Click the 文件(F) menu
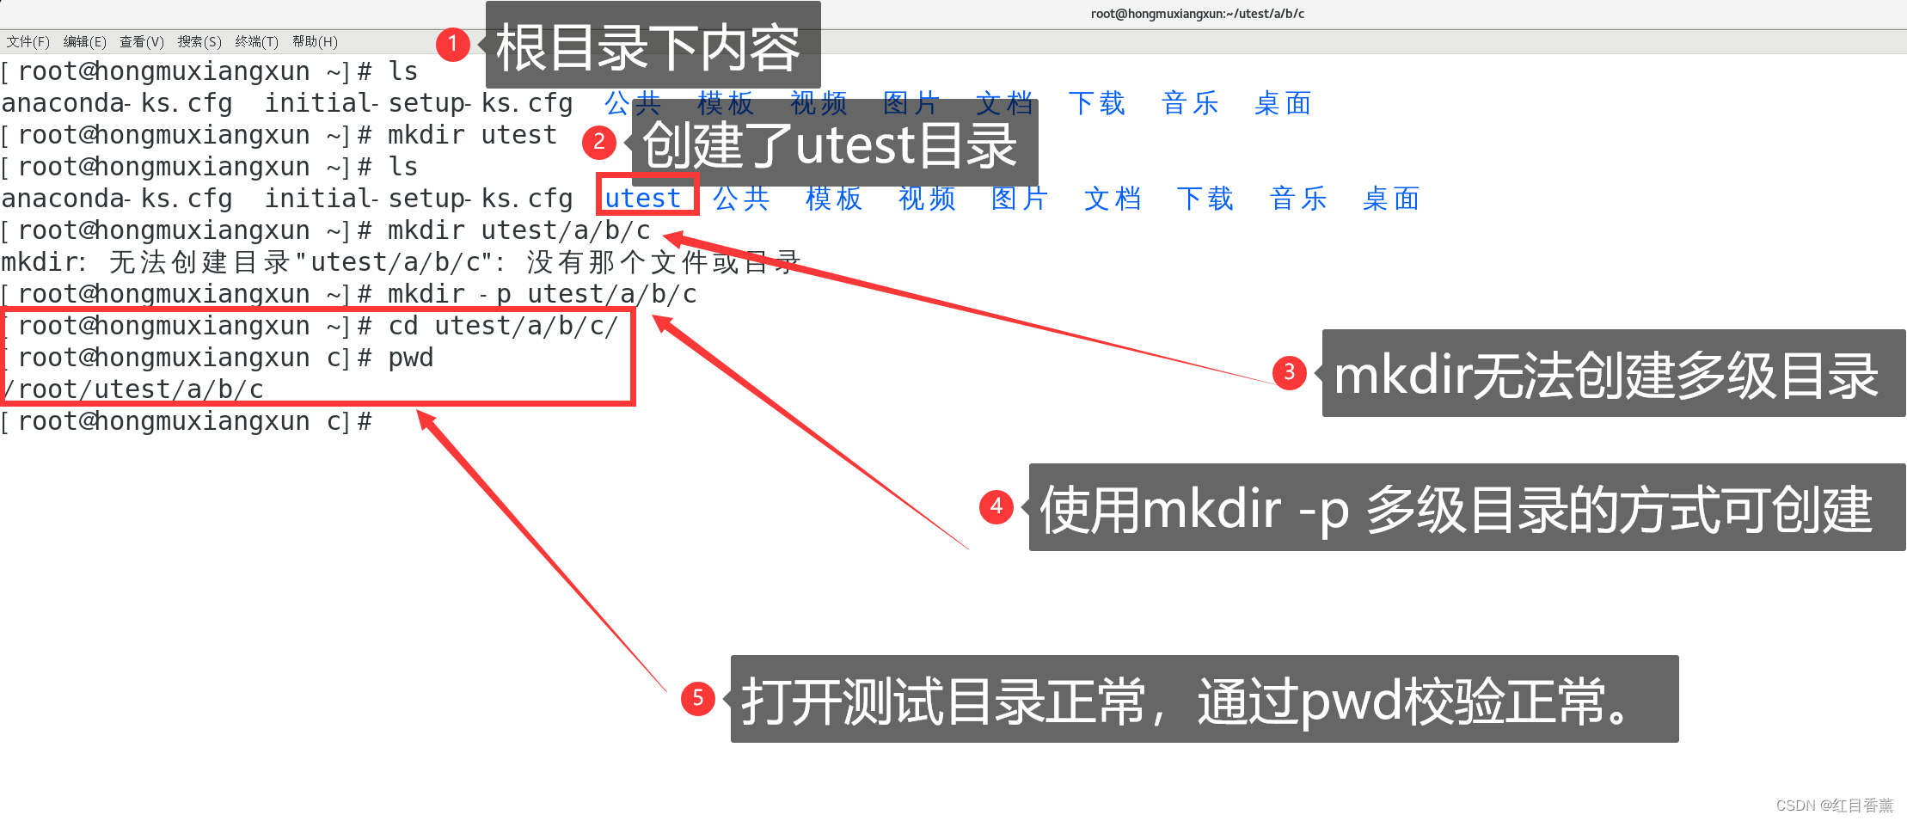click(28, 41)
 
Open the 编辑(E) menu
click(84, 41)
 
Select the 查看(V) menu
click(141, 41)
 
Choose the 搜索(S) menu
click(199, 41)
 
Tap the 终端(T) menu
click(256, 41)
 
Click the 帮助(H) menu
click(315, 41)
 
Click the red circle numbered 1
click(452, 44)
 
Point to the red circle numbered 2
click(599, 142)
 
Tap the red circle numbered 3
click(1289, 372)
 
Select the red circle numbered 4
click(996, 506)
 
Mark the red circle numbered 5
click(697, 698)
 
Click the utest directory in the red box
click(643, 198)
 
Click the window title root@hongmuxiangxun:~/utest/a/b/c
click(1197, 14)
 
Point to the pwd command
click(411, 358)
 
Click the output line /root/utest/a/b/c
click(133, 389)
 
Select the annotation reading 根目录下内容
click(649, 47)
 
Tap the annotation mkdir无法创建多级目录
click(1606, 375)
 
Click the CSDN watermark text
click(1834, 806)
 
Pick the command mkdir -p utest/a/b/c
click(542, 295)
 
